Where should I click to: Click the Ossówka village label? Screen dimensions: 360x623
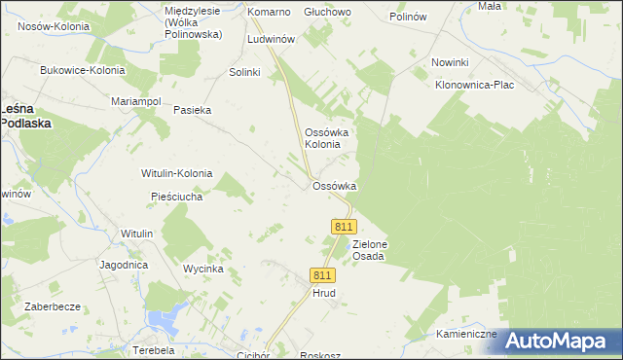[x=334, y=186]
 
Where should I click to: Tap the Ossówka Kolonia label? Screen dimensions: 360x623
[x=322, y=138]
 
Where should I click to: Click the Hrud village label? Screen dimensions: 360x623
[x=323, y=292]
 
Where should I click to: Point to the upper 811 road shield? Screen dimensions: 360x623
[x=342, y=226]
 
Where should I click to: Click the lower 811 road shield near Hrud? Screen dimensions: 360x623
[x=323, y=275]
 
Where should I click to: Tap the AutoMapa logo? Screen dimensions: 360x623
[x=559, y=341]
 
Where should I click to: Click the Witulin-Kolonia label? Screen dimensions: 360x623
[x=176, y=173]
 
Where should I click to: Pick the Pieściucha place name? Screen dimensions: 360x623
[x=176, y=197]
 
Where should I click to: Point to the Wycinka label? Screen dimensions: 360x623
[x=203, y=268]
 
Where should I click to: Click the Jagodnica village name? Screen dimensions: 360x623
[x=123, y=264]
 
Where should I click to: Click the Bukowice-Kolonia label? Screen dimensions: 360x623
[x=82, y=70]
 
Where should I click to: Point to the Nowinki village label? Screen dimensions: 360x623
[x=450, y=63]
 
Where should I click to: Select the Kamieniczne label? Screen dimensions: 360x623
[x=466, y=334]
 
